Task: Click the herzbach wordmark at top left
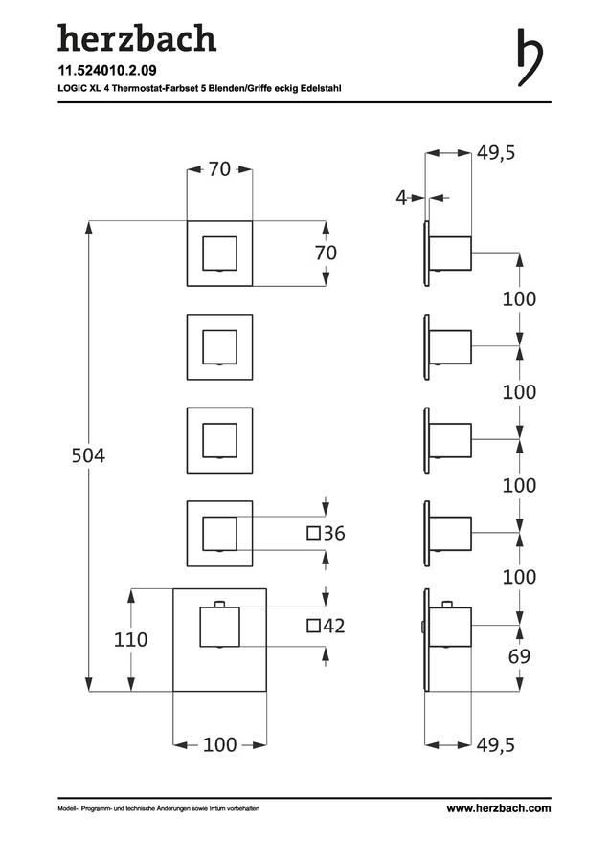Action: click(137, 38)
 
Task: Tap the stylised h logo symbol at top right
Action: click(530, 57)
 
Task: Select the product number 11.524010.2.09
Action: click(107, 70)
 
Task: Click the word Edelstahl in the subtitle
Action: click(321, 88)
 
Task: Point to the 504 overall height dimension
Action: click(88, 455)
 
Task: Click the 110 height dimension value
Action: click(130, 640)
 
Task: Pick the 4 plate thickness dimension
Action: click(401, 198)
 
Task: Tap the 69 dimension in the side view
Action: click(519, 656)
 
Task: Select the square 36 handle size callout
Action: click(326, 533)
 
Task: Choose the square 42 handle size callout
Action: click(326, 626)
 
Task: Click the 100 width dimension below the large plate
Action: click(220, 745)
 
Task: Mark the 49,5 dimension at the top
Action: click(496, 153)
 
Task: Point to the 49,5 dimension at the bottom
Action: click(496, 745)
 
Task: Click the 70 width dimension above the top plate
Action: click(219, 169)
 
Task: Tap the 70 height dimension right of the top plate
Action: click(326, 254)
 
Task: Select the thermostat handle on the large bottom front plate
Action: click(220, 626)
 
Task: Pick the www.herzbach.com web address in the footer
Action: click(499, 808)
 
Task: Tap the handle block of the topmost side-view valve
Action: click(450, 254)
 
